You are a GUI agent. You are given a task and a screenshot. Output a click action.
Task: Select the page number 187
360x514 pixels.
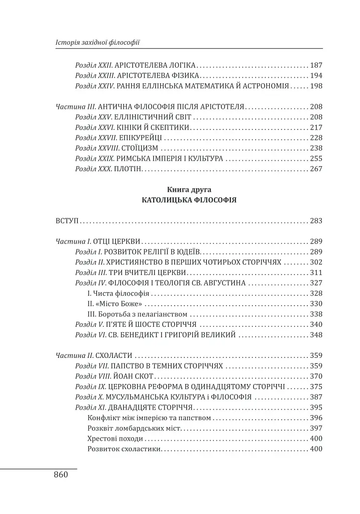[x=316, y=65]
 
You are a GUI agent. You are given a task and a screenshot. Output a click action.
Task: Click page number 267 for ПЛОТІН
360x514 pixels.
[x=316, y=169]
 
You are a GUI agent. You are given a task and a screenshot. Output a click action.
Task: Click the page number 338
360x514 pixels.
[x=316, y=314]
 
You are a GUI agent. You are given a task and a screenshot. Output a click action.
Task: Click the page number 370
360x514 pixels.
[x=316, y=376]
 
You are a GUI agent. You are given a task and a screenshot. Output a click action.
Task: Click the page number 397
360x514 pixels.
[x=316, y=428]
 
